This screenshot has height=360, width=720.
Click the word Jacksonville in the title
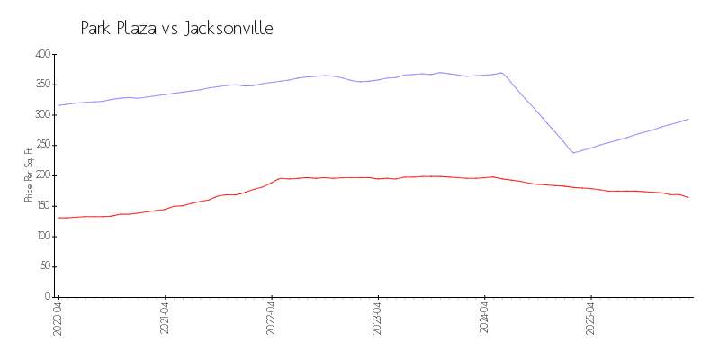(229, 29)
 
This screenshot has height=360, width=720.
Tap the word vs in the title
(169, 29)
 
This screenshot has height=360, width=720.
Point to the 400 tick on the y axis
(42, 54)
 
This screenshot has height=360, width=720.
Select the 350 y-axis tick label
(42, 85)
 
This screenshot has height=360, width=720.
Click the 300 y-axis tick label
(42, 115)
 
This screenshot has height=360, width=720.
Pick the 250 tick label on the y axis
(42, 145)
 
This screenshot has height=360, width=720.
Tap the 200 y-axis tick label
(42, 175)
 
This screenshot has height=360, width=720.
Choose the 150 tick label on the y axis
(42, 206)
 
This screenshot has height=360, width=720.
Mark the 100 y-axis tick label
(42, 236)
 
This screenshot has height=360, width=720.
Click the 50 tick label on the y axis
(44, 266)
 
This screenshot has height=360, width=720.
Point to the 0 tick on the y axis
(47, 296)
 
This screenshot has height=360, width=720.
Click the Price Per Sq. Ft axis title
(29, 175)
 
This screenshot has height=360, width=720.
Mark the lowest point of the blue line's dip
(573, 153)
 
